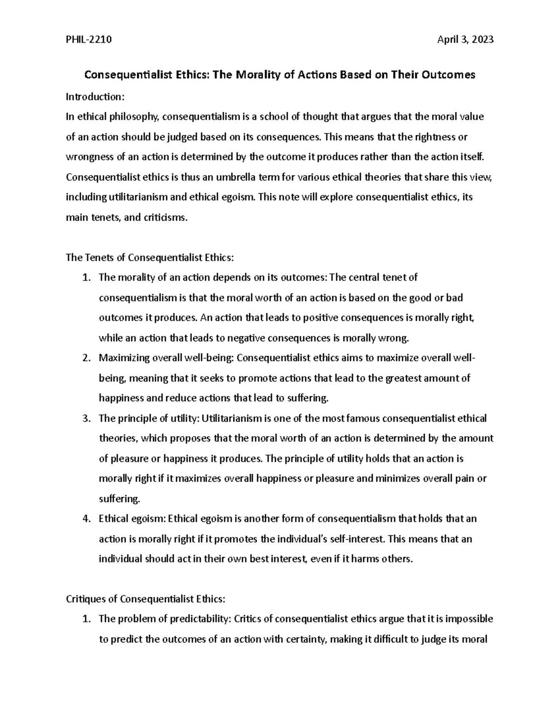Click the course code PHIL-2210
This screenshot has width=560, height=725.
pyautogui.click(x=89, y=40)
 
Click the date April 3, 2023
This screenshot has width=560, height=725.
pyautogui.click(x=465, y=40)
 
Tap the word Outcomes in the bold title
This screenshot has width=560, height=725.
pyautogui.click(x=448, y=75)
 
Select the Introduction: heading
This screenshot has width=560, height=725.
pyautogui.click(x=95, y=97)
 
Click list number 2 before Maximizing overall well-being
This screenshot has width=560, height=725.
pyautogui.click(x=85, y=358)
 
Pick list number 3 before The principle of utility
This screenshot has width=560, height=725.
pyautogui.click(x=85, y=418)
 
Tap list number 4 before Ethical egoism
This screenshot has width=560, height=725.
pyautogui.click(x=85, y=519)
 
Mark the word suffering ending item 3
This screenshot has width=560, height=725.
pyautogui.click(x=119, y=499)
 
